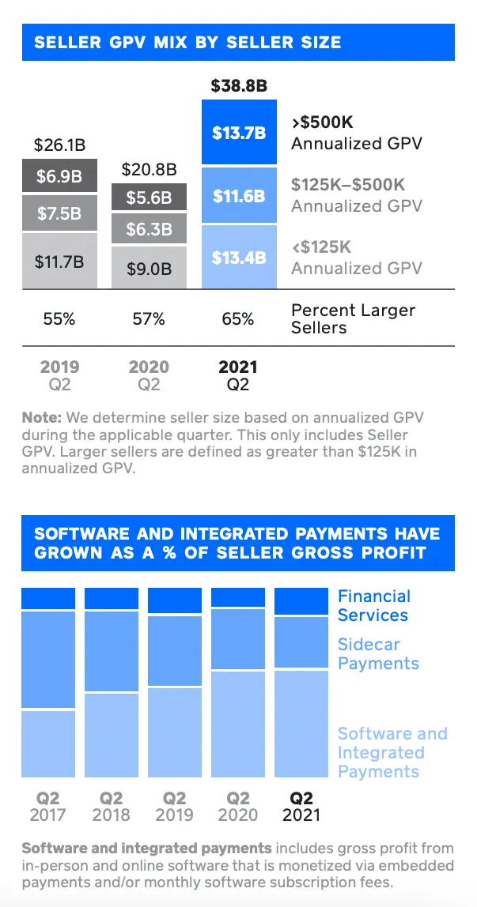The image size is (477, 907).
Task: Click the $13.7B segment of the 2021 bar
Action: pyautogui.click(x=239, y=132)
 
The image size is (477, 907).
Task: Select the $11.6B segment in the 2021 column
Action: pyautogui.click(x=239, y=195)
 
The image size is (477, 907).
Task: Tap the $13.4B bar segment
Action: pyautogui.click(x=239, y=257)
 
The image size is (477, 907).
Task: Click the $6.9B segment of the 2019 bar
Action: pyautogui.click(x=59, y=176)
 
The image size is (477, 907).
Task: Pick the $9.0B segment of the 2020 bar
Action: pyautogui.click(x=149, y=268)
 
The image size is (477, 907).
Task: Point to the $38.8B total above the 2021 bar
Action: pyautogui.click(x=238, y=85)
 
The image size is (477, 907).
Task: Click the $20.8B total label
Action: pyautogui.click(x=149, y=169)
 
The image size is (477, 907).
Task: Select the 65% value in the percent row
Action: pyautogui.click(x=238, y=319)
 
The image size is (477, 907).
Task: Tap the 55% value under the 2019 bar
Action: pyautogui.click(x=59, y=319)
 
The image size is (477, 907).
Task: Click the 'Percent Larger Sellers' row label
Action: pyautogui.click(x=352, y=318)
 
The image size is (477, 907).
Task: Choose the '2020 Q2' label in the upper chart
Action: pyautogui.click(x=149, y=375)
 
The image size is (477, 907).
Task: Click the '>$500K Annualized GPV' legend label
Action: pyautogui.click(x=356, y=134)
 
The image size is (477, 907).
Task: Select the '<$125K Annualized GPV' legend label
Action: pyautogui.click(x=356, y=258)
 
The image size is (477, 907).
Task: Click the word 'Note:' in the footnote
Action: pyautogui.click(x=42, y=417)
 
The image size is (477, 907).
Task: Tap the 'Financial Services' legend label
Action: pyautogui.click(x=373, y=606)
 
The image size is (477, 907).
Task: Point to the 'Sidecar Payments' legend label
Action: pyautogui.click(x=378, y=653)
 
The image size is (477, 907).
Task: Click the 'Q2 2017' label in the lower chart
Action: pyautogui.click(x=48, y=807)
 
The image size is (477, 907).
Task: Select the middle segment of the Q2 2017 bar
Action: pyautogui.click(x=48, y=660)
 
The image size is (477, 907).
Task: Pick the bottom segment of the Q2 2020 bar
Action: pyautogui.click(x=238, y=724)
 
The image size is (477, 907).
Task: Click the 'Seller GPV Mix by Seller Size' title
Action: pyautogui.click(x=187, y=43)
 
